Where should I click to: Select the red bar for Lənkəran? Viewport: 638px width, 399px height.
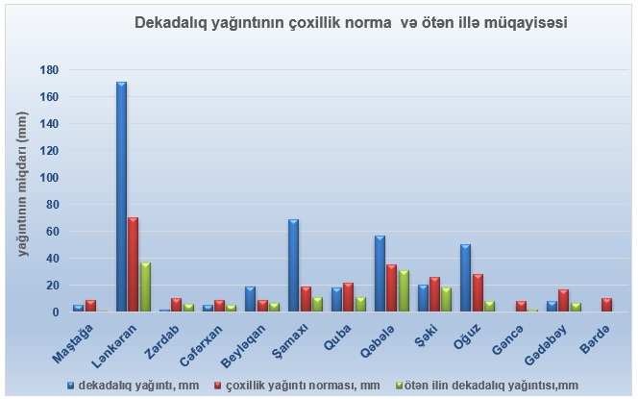coord(134,264)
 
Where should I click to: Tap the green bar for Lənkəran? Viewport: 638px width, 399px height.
coord(145,287)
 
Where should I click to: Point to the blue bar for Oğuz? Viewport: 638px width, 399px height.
coord(466,278)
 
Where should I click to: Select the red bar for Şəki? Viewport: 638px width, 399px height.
coord(434,294)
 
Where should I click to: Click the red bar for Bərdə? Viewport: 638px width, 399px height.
coord(606,305)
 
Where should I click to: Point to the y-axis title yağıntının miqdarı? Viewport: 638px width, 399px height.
coord(21,192)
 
